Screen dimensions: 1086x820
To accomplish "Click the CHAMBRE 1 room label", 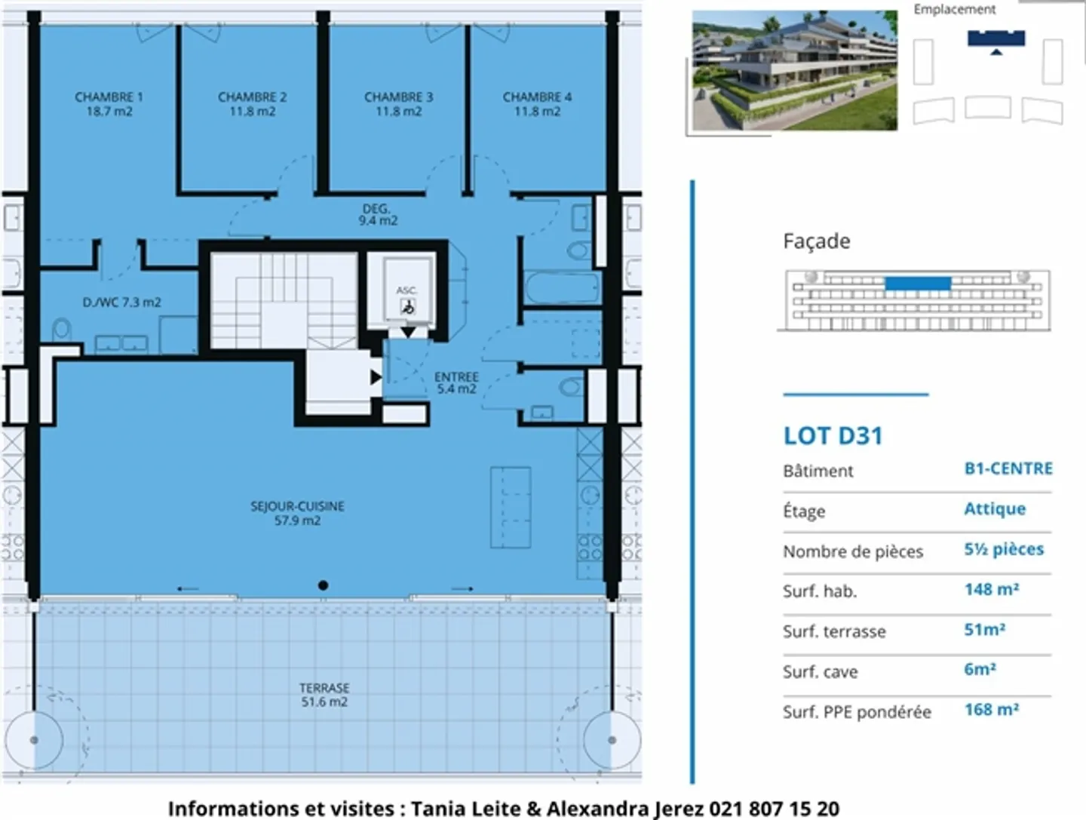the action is click(x=109, y=104).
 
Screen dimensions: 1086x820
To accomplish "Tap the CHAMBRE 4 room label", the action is click(x=537, y=104).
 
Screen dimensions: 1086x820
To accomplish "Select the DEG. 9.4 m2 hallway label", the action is click(x=378, y=215).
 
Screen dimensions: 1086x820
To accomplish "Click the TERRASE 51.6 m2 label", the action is click(x=324, y=695).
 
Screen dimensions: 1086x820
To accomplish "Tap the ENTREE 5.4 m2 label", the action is click(x=456, y=383).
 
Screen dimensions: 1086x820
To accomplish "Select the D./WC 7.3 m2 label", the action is click(x=121, y=302).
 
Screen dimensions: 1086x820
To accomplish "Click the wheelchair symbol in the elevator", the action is click(x=408, y=307).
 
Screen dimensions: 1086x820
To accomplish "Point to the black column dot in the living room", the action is click(x=323, y=585).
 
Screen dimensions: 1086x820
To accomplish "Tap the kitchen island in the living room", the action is click(x=511, y=507).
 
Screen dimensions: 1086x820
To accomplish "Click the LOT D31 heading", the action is click(x=833, y=436).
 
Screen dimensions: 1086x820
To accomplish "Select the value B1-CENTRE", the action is click(x=1008, y=468).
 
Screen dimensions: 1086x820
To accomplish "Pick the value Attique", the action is click(x=995, y=508).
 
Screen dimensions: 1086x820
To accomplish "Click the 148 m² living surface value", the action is click(x=992, y=589).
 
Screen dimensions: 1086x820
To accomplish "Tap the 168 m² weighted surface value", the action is click(x=992, y=710).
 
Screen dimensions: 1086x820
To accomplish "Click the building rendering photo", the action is click(x=795, y=70).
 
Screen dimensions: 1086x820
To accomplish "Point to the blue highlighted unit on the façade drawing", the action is click(x=918, y=284).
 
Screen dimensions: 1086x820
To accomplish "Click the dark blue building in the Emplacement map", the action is click(x=996, y=38).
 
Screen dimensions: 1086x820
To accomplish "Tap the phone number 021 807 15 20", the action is click(x=775, y=809).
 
